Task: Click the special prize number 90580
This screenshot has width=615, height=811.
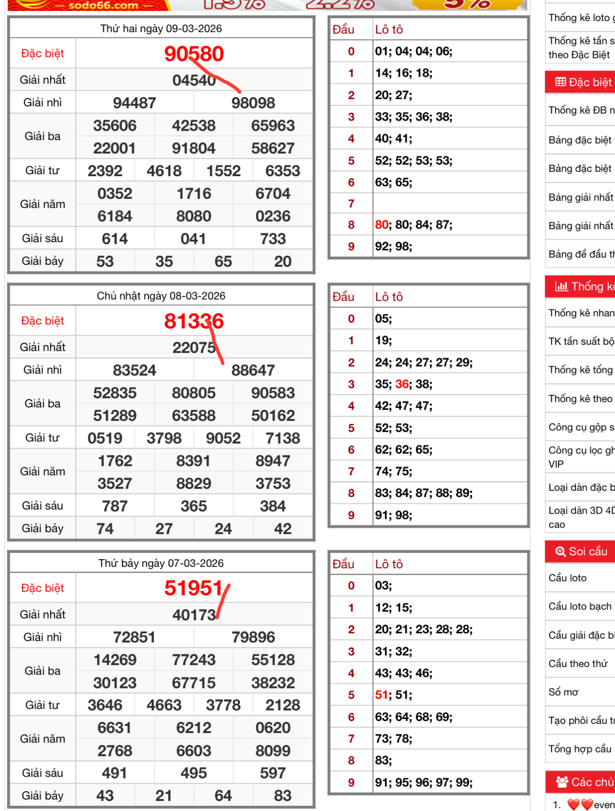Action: click(194, 54)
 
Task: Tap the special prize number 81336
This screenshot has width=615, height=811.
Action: click(194, 321)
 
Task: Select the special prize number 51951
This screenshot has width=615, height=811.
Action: click(194, 588)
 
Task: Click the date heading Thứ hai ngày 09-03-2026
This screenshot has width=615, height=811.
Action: click(161, 29)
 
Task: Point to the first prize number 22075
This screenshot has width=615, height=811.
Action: click(194, 347)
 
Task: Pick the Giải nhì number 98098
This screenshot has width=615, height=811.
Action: click(253, 103)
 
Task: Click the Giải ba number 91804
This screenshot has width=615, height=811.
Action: click(194, 148)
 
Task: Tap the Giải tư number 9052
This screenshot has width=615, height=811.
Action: click(223, 438)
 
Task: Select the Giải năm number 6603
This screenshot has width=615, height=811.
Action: click(194, 751)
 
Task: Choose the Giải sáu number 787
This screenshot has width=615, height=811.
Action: click(114, 506)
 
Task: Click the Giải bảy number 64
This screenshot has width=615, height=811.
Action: click(223, 796)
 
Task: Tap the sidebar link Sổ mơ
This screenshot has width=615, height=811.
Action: click(564, 692)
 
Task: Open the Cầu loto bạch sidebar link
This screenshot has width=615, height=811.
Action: click(580, 607)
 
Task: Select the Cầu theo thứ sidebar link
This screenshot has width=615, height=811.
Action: click(578, 664)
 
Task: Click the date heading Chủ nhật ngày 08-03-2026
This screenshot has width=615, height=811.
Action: click(161, 296)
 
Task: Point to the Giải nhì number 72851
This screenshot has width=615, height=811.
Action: click(134, 637)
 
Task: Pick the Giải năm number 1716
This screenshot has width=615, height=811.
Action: click(194, 193)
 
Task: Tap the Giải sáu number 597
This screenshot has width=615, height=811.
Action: click(273, 773)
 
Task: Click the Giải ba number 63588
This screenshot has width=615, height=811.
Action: click(194, 416)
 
